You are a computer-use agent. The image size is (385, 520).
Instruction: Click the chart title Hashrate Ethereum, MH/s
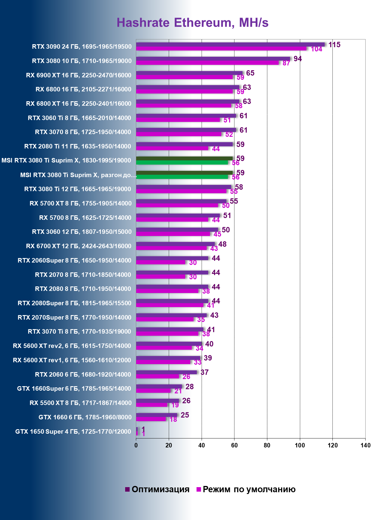(192, 23)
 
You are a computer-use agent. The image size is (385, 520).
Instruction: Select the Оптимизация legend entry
(157, 489)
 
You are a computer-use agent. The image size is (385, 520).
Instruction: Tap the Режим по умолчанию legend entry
(246, 489)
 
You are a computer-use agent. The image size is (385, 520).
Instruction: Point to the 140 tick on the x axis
(365, 445)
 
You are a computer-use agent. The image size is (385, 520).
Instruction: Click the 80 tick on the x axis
(267, 445)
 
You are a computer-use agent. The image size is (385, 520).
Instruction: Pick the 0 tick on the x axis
(136, 445)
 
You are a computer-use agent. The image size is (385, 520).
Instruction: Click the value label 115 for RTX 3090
(334, 45)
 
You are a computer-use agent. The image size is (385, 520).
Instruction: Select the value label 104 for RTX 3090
(316, 49)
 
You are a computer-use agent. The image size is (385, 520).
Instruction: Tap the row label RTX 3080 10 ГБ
(82, 61)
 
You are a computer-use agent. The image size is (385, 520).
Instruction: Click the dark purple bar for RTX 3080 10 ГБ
(213, 59)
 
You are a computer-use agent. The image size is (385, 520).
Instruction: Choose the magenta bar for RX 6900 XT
(184, 77)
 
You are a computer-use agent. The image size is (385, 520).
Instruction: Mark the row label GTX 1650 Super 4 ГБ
(73, 432)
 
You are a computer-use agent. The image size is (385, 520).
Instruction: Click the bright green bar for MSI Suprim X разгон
(182, 177)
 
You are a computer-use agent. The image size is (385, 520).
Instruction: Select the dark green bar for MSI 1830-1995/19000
(184, 158)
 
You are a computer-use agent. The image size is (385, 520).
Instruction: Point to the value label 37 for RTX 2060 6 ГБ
(205, 372)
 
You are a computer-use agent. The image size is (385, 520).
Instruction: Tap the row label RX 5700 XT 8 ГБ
(80, 203)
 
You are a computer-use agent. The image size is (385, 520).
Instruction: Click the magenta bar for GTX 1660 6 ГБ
(151, 419)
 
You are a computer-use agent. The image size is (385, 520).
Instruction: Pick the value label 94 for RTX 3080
(297, 59)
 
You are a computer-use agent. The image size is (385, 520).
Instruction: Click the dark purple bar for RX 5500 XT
(157, 401)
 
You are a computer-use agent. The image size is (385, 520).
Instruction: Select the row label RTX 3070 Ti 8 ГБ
(79, 332)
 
